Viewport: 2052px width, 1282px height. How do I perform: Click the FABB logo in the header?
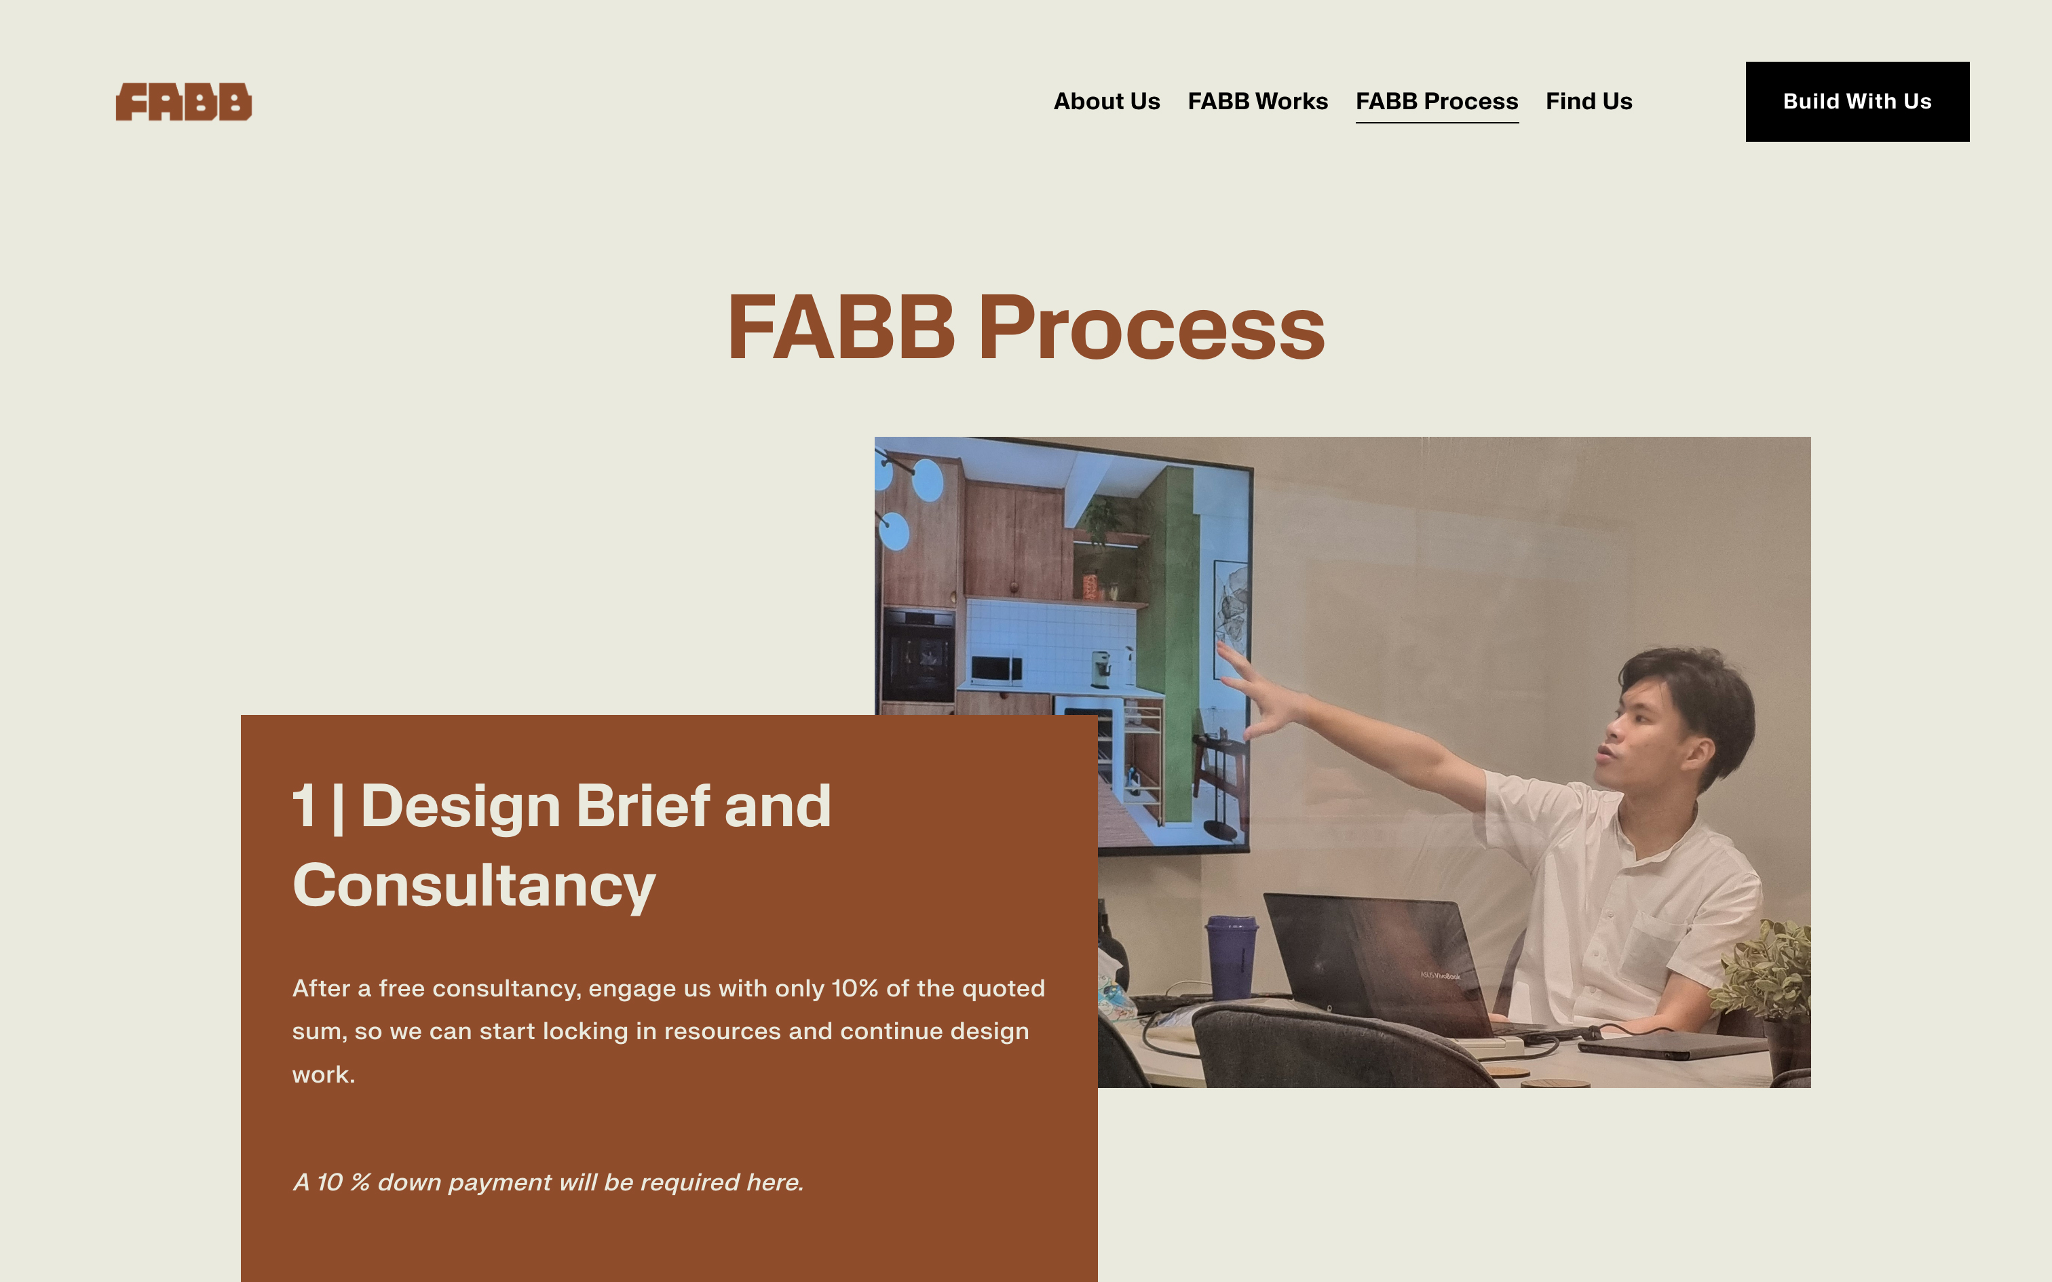[184, 102]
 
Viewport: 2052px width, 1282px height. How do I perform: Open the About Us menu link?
[1107, 102]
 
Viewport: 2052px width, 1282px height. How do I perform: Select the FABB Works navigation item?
[1257, 102]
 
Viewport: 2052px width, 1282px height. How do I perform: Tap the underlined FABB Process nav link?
[1437, 102]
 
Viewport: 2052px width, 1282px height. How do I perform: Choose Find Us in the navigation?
[1588, 102]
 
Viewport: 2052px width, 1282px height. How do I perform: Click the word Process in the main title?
[1151, 328]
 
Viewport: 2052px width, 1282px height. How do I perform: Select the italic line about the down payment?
[548, 1182]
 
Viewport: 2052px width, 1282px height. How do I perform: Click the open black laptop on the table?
[1390, 967]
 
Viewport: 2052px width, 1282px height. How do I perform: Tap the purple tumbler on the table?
[1232, 957]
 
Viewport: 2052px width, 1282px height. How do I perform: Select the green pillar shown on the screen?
[1173, 644]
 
